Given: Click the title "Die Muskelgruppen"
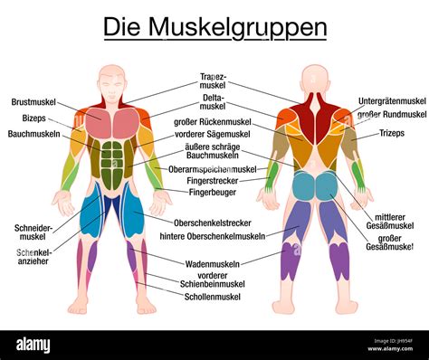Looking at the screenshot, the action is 214,27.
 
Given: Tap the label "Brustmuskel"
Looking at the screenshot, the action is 35,102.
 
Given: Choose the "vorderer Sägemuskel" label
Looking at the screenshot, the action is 214,133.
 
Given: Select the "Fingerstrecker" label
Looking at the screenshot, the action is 214,180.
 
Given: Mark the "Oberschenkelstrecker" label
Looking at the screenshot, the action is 214,223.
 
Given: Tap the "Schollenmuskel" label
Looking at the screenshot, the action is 214,296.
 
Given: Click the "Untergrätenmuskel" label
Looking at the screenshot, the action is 390,101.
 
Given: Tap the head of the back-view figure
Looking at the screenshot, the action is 314,79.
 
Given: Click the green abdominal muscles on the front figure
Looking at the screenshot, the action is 111,158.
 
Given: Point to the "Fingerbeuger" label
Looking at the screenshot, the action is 214,192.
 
